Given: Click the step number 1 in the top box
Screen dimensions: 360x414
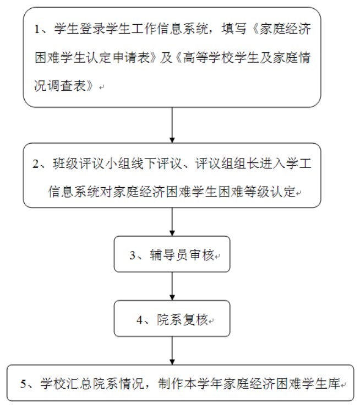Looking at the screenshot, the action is click(x=37, y=29).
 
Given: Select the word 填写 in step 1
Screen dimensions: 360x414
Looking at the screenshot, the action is click(x=234, y=29).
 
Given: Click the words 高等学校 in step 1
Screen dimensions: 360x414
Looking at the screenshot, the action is click(x=208, y=57).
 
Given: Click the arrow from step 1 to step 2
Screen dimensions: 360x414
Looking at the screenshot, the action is click(x=172, y=125).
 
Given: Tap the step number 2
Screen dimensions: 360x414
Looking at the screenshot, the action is click(x=36, y=164).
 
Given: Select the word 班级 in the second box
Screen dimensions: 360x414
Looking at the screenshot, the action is click(x=66, y=164).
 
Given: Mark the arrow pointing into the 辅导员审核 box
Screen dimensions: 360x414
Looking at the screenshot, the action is click(x=172, y=222).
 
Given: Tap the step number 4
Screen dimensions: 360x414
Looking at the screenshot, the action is click(x=140, y=320).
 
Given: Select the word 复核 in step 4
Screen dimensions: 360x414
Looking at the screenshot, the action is click(x=195, y=320).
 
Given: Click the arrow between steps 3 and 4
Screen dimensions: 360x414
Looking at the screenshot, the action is click(x=172, y=286).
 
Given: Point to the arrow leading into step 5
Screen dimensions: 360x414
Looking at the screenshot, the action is click(x=172, y=351).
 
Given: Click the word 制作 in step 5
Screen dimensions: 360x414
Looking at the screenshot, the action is click(x=171, y=384).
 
